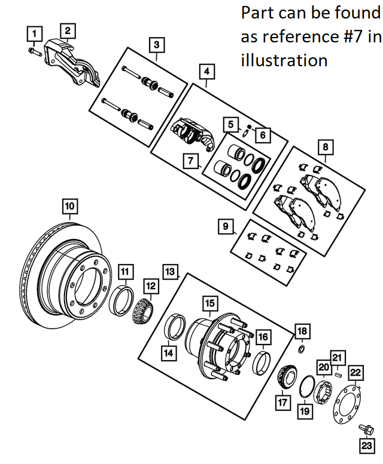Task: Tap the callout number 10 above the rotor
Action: (x=70, y=207)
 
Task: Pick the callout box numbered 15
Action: (x=209, y=303)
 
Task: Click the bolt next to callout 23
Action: (x=366, y=428)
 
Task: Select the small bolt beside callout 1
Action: (x=34, y=51)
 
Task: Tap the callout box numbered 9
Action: (x=226, y=226)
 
